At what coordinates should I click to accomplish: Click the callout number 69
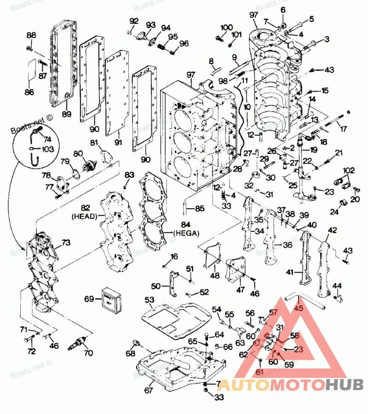[x=89, y=299]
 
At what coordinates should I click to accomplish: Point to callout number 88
[x=31, y=35]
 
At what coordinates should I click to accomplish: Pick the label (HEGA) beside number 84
[x=186, y=233]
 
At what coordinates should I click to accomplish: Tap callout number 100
[x=226, y=28]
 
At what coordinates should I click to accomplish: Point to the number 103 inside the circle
[x=47, y=149]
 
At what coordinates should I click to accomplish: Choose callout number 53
[x=149, y=301]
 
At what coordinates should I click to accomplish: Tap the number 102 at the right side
[x=349, y=170]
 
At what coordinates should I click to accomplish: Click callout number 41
[x=289, y=272]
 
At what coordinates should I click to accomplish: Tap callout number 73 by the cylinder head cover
[x=66, y=242]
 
